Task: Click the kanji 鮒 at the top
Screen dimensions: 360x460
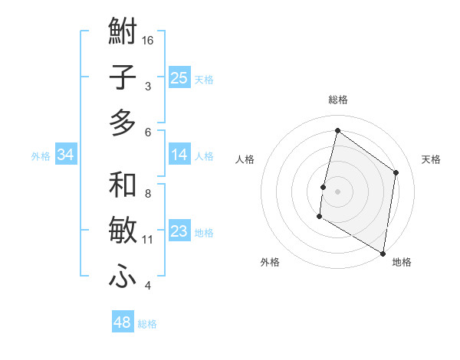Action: [x=123, y=33]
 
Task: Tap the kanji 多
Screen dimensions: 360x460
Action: [x=123, y=123]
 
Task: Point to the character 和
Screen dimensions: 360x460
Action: [x=123, y=185]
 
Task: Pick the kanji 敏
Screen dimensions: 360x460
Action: [x=123, y=231]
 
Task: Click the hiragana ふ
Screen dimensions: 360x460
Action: [x=123, y=276]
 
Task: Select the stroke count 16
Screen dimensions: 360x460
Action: [x=149, y=40]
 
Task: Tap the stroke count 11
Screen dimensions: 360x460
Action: [x=148, y=240]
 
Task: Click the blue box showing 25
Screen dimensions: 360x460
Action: [x=179, y=77]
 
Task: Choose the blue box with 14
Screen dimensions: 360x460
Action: [x=179, y=155]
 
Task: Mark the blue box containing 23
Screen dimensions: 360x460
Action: [x=179, y=231]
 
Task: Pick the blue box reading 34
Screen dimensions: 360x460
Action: [x=66, y=155]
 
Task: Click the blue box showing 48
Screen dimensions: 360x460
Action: [x=123, y=322]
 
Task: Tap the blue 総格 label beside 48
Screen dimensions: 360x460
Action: [x=148, y=324]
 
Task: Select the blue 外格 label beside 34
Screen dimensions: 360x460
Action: [x=41, y=156]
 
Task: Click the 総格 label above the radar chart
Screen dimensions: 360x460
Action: [x=337, y=100]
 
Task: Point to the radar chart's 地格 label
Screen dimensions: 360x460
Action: [x=402, y=262]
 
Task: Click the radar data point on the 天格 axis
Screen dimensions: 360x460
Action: [x=396, y=172]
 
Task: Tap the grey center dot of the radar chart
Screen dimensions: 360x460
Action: [x=337, y=191]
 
